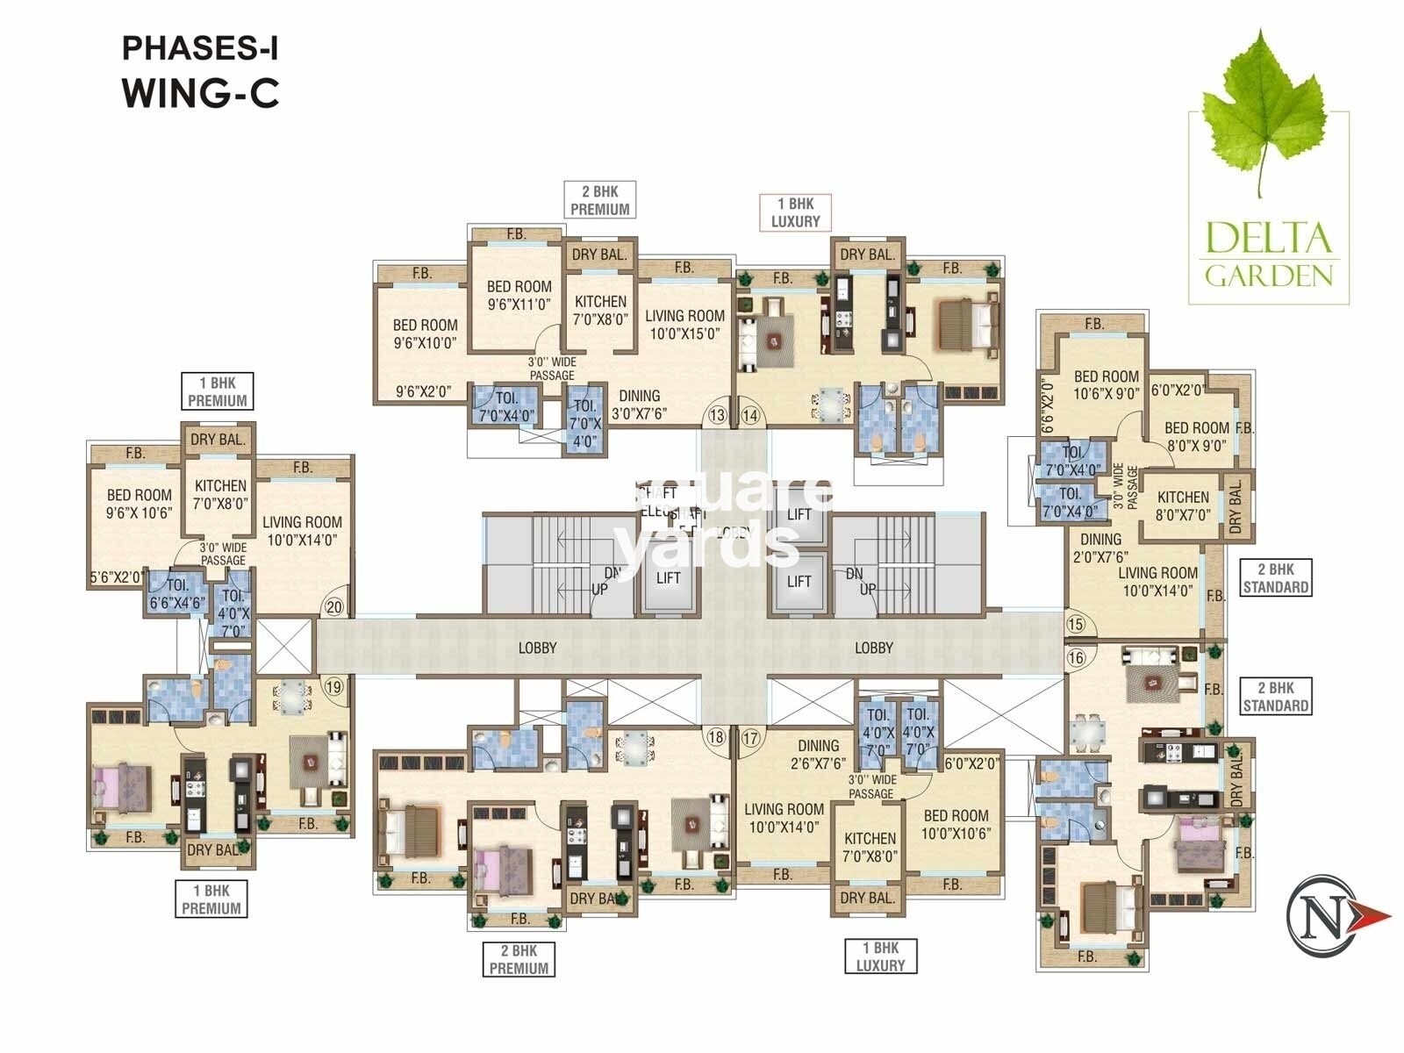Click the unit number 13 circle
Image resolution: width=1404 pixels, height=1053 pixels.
[x=718, y=414]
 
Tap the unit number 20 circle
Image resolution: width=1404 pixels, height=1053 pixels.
[x=333, y=605]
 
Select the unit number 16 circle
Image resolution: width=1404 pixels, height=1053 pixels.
[x=1076, y=658]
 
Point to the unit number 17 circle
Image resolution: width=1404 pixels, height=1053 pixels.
[x=750, y=738]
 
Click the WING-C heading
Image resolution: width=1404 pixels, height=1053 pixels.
[x=201, y=93]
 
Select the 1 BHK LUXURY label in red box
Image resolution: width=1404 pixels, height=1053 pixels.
[x=795, y=213]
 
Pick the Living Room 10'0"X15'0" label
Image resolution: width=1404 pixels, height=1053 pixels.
[x=684, y=325]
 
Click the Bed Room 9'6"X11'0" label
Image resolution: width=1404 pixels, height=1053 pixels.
[x=519, y=296]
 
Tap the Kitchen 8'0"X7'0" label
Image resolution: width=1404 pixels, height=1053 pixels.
[x=1183, y=506]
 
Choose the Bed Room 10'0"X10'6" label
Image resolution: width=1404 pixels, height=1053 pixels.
[x=956, y=824]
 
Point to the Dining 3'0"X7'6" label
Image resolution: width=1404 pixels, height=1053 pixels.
[x=639, y=405]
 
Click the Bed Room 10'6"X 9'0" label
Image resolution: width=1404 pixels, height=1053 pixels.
[x=1106, y=385]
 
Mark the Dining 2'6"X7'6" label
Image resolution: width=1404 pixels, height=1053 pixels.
[x=818, y=755]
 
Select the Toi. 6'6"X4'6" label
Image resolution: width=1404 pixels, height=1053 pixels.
[x=177, y=594]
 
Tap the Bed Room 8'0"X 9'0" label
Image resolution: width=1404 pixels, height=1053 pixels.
[x=1196, y=436]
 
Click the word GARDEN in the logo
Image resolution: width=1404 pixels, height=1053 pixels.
[x=1269, y=276]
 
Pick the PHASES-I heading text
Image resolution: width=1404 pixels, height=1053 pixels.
[x=199, y=48]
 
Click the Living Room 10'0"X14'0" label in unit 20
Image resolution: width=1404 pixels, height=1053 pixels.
[x=301, y=531]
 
